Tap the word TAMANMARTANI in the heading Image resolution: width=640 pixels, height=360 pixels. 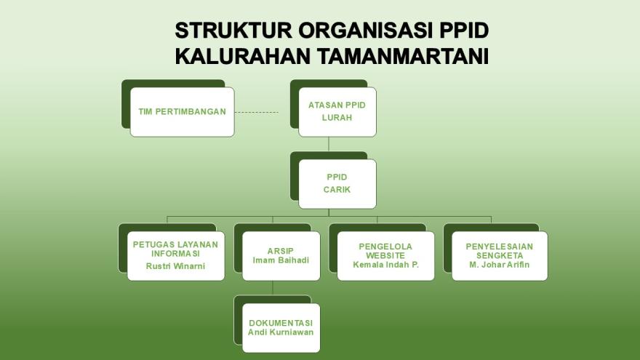tap(403, 56)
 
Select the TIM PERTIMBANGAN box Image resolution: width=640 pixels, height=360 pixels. tap(182, 112)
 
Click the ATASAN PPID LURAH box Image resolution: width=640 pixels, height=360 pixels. tap(337, 112)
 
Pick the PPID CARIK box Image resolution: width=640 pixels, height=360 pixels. tap(337, 184)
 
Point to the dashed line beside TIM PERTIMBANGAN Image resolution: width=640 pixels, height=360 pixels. tap(256, 112)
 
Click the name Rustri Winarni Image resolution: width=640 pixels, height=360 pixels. tap(175, 266)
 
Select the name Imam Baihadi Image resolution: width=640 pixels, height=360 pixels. tap(281, 260)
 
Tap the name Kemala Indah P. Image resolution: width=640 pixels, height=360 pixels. tap(385, 265)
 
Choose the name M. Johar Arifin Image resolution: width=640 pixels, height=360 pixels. tap(499, 265)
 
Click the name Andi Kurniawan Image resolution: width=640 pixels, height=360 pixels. tap(281, 332)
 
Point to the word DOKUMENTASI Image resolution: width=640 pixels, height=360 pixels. tap(281, 323)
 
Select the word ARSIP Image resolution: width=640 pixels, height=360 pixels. tap(281, 251)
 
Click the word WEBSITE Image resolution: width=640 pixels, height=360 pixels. tap(385, 255)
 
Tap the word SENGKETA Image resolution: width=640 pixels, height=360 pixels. tap(500, 255)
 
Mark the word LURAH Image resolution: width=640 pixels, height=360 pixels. tap(337, 118)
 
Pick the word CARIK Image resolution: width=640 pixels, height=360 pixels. tap(337, 190)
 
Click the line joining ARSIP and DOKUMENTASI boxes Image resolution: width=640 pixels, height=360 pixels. tap(273, 288)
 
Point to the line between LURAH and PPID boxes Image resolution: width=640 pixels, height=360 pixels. tap(329, 144)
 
